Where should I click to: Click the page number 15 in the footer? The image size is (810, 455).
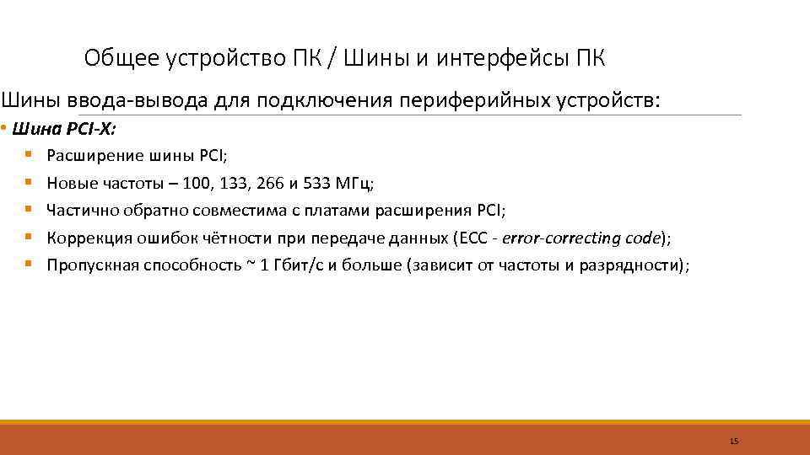click(733, 442)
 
